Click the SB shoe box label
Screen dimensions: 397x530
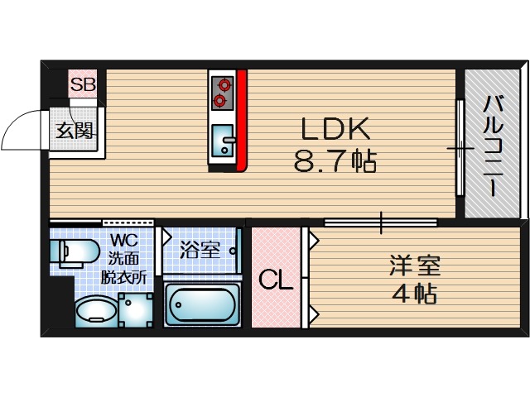point(83,84)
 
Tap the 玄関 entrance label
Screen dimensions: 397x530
point(75,131)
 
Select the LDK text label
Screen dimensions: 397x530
point(334,129)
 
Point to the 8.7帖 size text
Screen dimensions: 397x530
point(335,160)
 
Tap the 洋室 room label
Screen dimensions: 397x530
point(415,266)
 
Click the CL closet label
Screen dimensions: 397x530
point(276,280)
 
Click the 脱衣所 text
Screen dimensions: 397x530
point(124,276)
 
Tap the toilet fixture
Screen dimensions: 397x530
point(67,252)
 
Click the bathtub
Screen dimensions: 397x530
point(203,305)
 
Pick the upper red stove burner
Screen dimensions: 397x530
point(222,84)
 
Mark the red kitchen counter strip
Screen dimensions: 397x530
point(242,120)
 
